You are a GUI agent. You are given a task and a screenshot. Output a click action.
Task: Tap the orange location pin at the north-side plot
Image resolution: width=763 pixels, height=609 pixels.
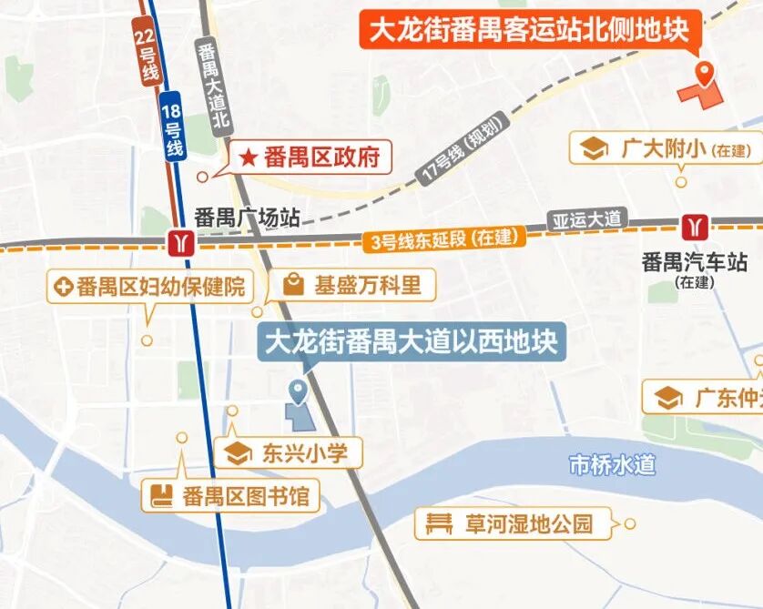[704, 73]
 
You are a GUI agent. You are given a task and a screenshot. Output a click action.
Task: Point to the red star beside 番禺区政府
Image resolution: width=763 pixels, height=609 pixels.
[249, 157]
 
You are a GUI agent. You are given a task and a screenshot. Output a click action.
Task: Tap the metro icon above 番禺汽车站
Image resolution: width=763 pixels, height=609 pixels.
[695, 225]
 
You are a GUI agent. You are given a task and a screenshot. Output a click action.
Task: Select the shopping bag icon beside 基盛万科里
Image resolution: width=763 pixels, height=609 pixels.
[293, 285]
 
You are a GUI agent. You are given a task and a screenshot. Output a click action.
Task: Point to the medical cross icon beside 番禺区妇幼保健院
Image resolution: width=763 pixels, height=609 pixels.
[64, 289]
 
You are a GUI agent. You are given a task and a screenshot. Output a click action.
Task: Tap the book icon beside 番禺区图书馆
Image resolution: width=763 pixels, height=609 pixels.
[162, 496]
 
